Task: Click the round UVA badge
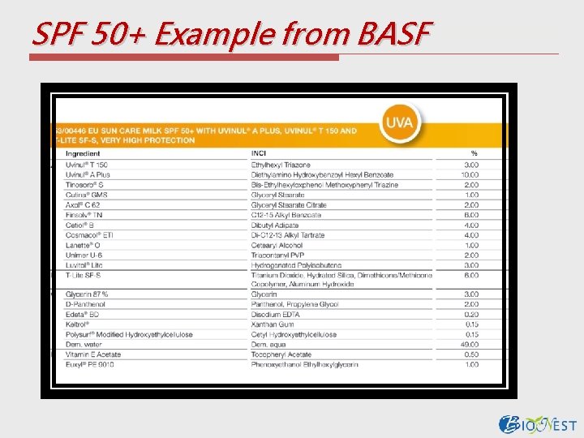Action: pos(399,123)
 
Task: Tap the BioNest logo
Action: pos(538,425)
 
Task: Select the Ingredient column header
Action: pos(84,153)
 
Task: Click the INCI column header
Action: pos(260,153)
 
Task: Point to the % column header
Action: pos(474,153)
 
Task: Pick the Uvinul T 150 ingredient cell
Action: pos(87,165)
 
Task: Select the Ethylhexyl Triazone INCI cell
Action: pos(281,165)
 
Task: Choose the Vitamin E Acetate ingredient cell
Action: pos(93,354)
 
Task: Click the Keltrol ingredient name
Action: pos(78,324)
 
